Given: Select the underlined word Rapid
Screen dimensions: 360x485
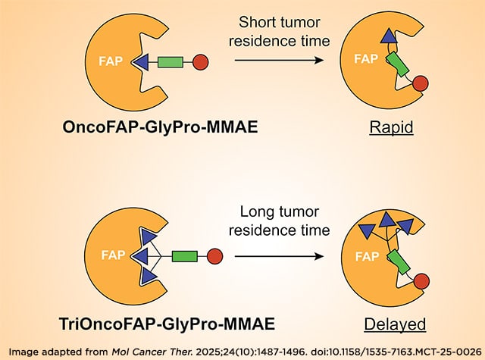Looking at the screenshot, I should point(391,127).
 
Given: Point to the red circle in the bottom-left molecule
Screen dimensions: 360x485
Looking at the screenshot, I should point(214,257).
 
